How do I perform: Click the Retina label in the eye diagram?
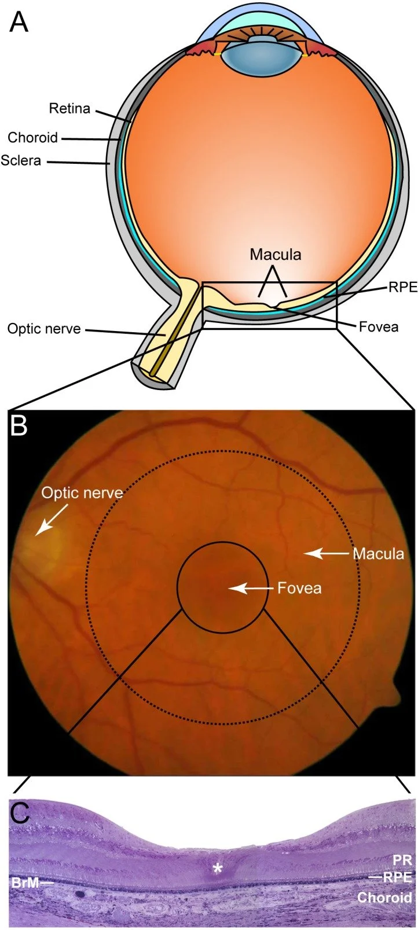(69, 108)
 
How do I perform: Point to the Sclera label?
(21, 160)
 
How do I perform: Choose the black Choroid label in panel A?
(32, 137)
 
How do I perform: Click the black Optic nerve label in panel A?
(44, 329)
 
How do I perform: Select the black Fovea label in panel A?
(379, 327)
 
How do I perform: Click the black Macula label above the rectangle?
(276, 254)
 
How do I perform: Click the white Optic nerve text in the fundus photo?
(82, 493)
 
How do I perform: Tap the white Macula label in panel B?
(378, 554)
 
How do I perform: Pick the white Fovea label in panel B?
(299, 589)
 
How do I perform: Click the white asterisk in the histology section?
(218, 868)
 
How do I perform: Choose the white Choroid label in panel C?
(384, 898)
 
